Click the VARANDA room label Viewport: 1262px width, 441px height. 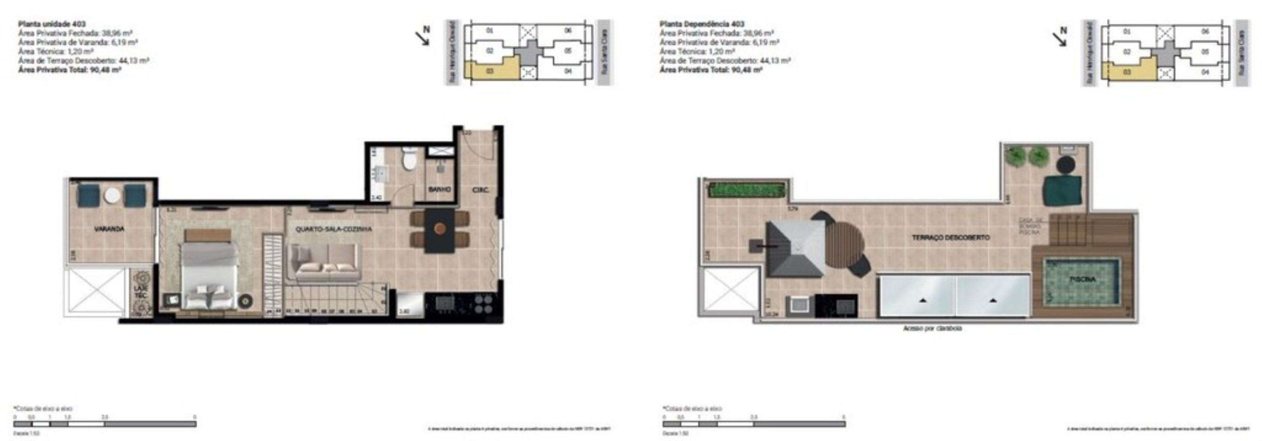point(109,229)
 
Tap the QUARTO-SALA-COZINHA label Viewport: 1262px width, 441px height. point(333,229)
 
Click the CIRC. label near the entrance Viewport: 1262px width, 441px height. point(480,190)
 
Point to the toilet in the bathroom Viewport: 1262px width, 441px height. point(409,159)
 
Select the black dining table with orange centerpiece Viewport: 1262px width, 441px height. point(440,230)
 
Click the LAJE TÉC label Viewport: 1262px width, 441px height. point(140,292)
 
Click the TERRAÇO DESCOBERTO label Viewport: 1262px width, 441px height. point(950,237)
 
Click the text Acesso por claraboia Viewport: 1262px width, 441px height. point(932,329)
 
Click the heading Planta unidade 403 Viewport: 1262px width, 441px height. point(51,24)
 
